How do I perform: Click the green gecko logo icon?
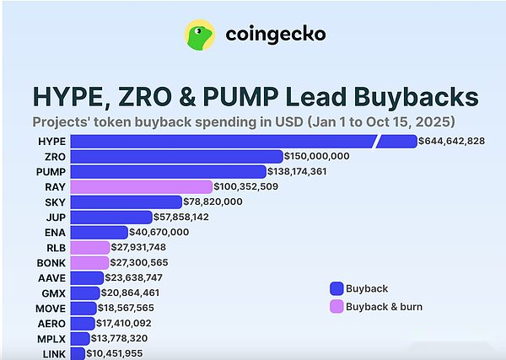pos(200,35)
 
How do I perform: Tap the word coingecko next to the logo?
pos(275,35)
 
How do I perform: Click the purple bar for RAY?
pos(141,186)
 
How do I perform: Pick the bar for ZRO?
pos(176,156)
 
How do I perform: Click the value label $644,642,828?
pos(452,141)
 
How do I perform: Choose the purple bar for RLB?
pos(89,247)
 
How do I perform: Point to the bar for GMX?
pos(85,293)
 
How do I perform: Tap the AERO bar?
pos(83,323)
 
